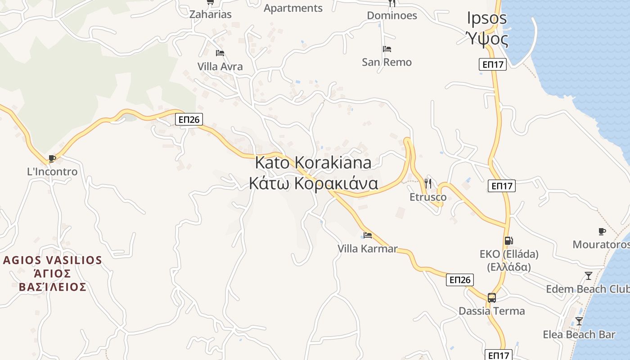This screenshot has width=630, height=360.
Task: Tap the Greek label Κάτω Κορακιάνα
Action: pos(313,184)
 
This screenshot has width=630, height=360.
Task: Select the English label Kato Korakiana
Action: pos(313,162)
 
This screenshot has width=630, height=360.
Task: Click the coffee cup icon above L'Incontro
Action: pos(52,158)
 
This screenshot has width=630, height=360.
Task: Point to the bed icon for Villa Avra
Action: pos(220,53)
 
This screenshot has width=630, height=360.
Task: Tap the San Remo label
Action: pos(387,62)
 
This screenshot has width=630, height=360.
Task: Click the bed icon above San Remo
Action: pos(387,49)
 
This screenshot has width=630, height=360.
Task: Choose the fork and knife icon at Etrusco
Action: pos(427,184)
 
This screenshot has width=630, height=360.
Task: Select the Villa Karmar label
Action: pos(368,248)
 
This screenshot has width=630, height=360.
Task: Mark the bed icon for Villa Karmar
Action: pos(368,235)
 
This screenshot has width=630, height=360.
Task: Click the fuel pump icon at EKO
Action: pos(508,241)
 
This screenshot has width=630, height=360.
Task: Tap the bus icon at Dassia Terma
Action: pos(491,297)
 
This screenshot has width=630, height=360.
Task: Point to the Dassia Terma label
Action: pos(491,311)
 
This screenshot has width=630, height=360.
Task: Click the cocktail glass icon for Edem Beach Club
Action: pos(588,276)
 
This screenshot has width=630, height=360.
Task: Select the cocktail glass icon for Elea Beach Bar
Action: pos(579,321)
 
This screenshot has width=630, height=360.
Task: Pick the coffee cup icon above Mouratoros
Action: pos(602,231)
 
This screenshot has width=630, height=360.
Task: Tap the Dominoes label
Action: pos(392,16)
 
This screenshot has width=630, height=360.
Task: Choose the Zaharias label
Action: pos(210,14)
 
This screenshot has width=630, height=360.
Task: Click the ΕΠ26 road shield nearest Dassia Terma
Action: pos(460,280)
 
